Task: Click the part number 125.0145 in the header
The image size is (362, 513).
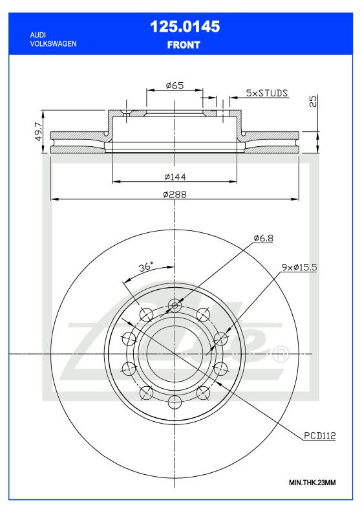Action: point(184,27)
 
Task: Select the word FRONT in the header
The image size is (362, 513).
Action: point(184,45)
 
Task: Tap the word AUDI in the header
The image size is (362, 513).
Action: point(39,34)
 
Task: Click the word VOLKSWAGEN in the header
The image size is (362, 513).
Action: point(54,43)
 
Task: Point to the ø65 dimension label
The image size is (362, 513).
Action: point(175,85)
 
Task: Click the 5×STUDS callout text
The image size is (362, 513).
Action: point(267,93)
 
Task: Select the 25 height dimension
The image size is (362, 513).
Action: point(314,102)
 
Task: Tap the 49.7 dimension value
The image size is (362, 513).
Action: point(38,132)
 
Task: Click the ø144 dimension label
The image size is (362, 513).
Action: point(175,176)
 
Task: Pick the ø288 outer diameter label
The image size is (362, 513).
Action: point(175,194)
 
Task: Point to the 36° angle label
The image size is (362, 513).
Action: point(145,267)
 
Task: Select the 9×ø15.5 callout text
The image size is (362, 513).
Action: point(298,267)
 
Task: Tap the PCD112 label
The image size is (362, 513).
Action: point(319,435)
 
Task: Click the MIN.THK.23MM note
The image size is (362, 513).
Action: point(312,483)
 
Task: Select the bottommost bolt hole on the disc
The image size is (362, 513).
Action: point(174,402)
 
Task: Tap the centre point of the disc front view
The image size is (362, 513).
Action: point(174,354)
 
